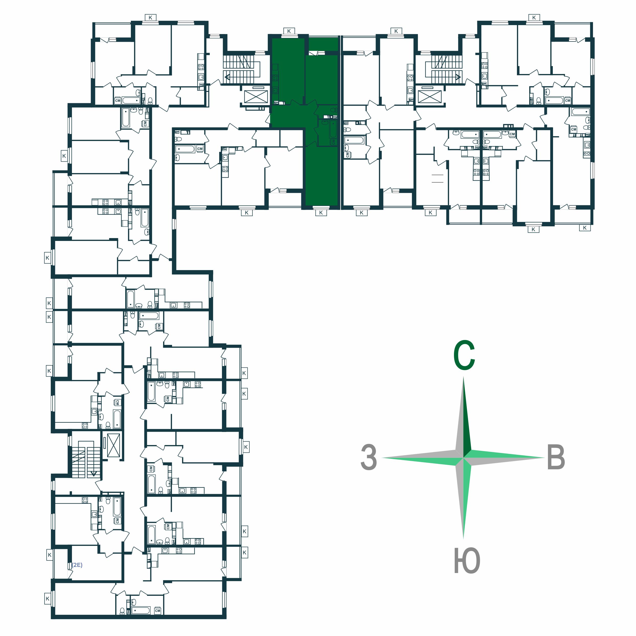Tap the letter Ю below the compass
[467, 561]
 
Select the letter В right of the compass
[556, 457]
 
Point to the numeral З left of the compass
[369, 457]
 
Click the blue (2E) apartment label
[77, 565]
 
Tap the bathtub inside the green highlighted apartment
[333, 129]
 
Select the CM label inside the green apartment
[333, 142]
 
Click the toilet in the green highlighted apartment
[334, 109]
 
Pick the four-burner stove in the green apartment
[275, 78]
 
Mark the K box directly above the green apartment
[289, 31]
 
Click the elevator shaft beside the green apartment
[254, 97]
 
